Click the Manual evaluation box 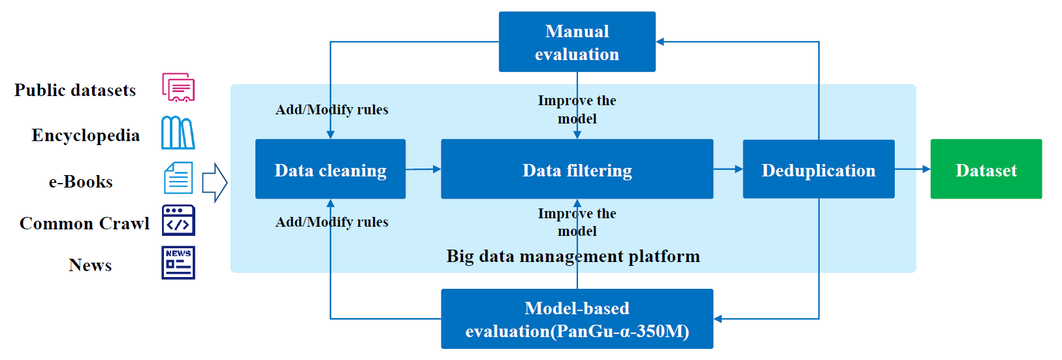(577, 42)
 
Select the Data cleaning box (330, 169)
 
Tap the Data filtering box (577, 169)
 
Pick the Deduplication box (819, 169)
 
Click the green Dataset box (986, 169)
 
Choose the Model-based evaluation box (577, 319)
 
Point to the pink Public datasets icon (178, 88)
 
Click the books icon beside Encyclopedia (178, 133)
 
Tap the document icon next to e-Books (178, 178)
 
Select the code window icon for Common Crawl (178, 220)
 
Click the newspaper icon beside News (178, 263)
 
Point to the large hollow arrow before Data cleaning (215, 182)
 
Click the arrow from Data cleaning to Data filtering (423, 169)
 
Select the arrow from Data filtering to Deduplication (728, 169)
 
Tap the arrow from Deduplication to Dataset (912, 169)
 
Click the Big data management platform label (573, 256)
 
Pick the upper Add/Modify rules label (332, 110)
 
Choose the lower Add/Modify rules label (332, 222)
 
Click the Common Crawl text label (84, 223)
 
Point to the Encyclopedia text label (86, 136)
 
